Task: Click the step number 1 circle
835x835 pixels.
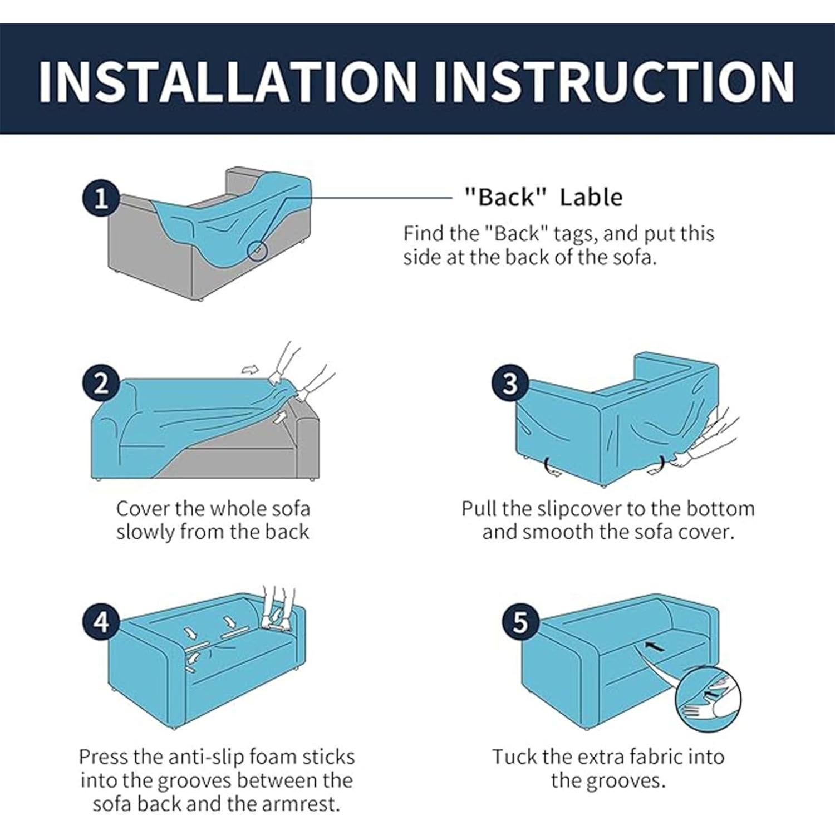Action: click(x=101, y=199)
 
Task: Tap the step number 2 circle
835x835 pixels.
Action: click(x=101, y=384)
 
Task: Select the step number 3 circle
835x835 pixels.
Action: click(x=510, y=384)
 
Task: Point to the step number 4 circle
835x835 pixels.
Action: click(x=101, y=621)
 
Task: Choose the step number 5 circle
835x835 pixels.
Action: click(x=520, y=621)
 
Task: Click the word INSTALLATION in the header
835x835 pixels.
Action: click(x=228, y=81)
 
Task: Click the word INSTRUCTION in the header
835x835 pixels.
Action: click(x=614, y=81)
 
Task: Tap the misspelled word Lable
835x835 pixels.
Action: click(x=591, y=197)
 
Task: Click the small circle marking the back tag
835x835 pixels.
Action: click(x=257, y=250)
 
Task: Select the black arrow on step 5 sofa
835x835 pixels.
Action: click(x=655, y=647)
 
